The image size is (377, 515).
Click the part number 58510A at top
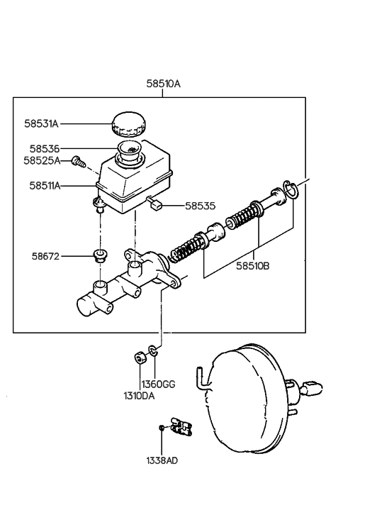[163, 84]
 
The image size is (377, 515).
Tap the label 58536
[44, 149]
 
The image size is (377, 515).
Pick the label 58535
[200, 206]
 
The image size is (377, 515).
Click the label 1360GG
[159, 384]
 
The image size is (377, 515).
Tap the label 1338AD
[162, 460]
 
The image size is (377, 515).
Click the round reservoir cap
[128, 123]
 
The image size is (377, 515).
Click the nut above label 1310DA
[140, 355]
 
